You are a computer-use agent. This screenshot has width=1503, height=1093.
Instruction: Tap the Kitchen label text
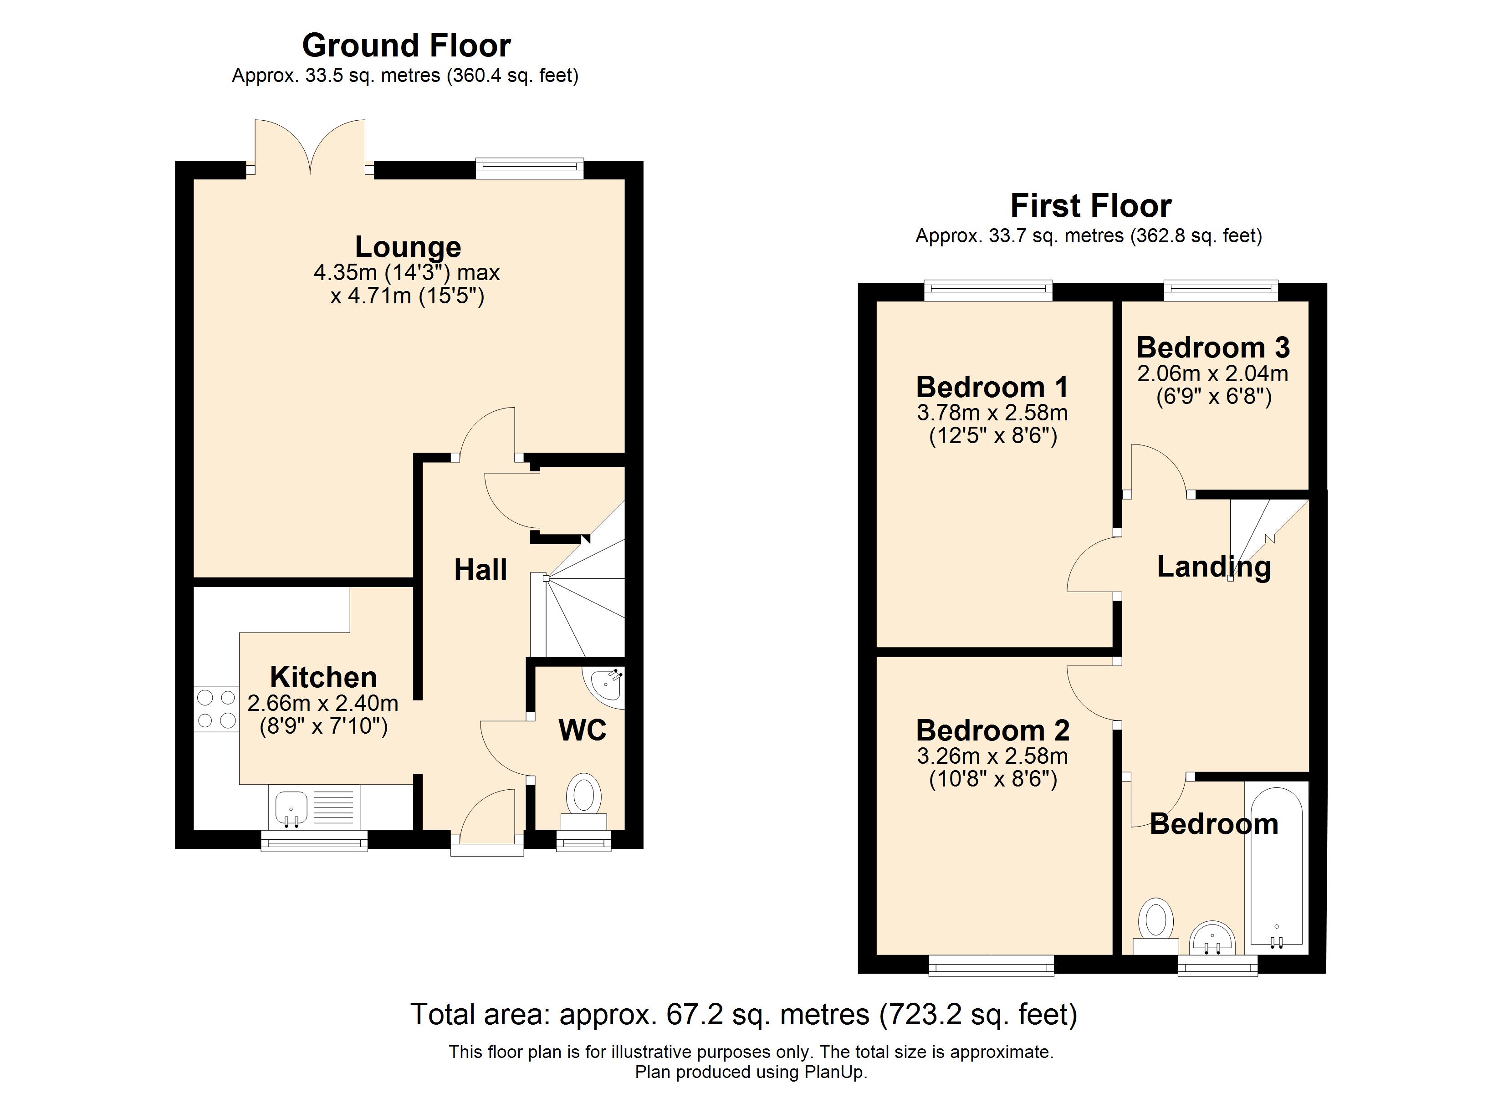point(323,677)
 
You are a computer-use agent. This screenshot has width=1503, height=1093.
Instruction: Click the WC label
point(583,730)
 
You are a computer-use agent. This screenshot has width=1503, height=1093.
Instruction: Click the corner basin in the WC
point(604,684)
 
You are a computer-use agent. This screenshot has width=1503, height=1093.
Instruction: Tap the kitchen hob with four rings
point(216,709)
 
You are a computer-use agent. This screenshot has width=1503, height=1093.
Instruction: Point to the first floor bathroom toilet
point(1156,926)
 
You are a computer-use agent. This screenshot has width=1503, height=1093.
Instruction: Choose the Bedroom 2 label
point(993,730)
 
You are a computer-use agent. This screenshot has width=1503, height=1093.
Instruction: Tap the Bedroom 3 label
point(1213,347)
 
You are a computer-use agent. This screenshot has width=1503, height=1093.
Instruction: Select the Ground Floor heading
point(406,46)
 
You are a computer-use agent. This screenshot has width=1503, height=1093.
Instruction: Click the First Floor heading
point(1091,205)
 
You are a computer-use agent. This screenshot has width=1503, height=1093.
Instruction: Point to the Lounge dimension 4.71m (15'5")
point(408,296)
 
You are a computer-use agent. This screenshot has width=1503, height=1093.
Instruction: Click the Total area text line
point(744,1015)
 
